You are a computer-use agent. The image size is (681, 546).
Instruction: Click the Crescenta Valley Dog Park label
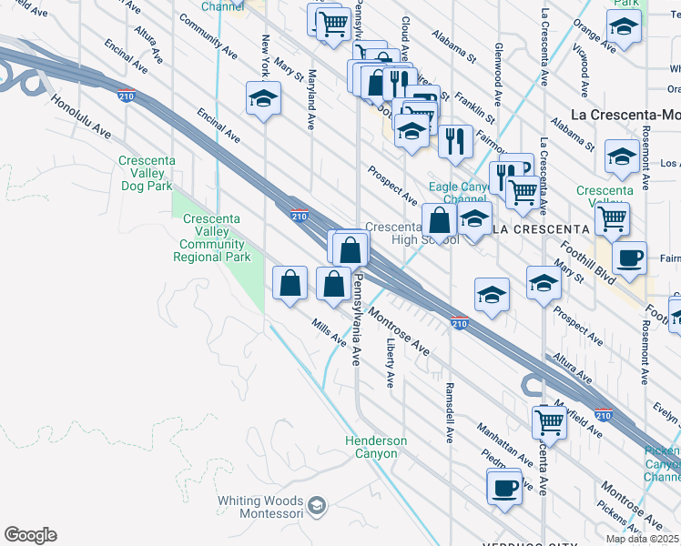[x=146, y=173]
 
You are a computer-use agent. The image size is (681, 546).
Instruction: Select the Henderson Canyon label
[x=375, y=447]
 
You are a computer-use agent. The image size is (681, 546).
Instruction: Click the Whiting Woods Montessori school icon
[x=316, y=506]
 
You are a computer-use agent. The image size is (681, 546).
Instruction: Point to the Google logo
[x=30, y=535]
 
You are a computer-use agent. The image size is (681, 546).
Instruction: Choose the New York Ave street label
[x=266, y=56]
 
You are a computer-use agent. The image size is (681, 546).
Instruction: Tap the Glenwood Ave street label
[x=498, y=66]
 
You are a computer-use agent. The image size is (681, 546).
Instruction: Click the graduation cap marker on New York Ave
[x=263, y=99]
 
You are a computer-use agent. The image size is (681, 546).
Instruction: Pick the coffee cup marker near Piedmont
[x=503, y=487]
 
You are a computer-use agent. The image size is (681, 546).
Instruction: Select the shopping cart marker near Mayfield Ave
[x=550, y=422]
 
